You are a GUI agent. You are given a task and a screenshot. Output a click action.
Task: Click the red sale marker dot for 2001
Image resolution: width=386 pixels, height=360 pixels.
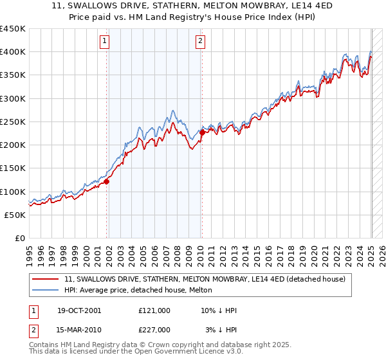click(x=107, y=181)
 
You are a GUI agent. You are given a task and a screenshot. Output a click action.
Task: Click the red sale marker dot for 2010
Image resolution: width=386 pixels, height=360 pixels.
click(x=202, y=132)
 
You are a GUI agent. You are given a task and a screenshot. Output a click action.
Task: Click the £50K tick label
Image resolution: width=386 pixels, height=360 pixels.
click(x=15, y=215)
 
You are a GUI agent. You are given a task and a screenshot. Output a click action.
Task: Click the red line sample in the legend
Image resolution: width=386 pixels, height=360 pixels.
click(x=46, y=279)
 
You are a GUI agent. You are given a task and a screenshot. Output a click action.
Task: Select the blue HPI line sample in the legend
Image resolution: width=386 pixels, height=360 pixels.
click(x=46, y=290)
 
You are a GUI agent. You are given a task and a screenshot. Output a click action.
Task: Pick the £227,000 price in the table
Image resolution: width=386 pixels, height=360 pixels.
click(x=154, y=330)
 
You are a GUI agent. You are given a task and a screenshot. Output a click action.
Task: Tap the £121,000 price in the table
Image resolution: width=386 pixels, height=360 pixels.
click(x=154, y=310)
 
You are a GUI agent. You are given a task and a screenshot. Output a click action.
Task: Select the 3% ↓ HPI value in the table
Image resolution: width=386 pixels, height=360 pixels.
click(x=221, y=330)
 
